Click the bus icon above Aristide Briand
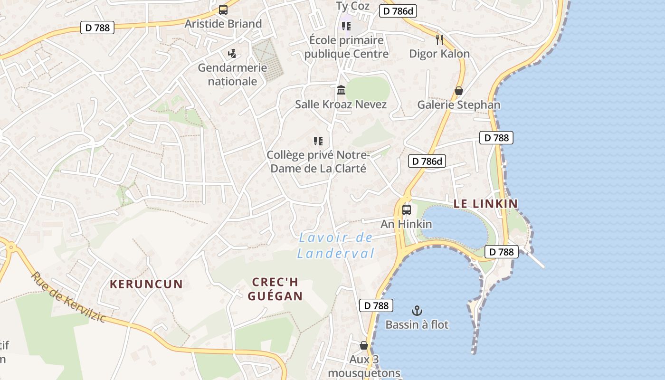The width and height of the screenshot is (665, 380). pyautogui.click(x=223, y=9)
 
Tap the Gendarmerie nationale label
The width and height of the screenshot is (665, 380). pyautogui.click(x=232, y=75)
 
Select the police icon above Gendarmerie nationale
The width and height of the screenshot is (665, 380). pyautogui.click(x=232, y=53)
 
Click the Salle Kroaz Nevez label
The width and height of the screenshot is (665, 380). pyautogui.click(x=341, y=104)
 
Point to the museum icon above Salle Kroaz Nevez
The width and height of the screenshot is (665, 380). pyautogui.click(x=341, y=90)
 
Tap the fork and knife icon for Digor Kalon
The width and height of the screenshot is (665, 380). pyautogui.click(x=439, y=39)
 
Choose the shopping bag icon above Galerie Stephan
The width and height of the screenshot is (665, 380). pyautogui.click(x=459, y=90)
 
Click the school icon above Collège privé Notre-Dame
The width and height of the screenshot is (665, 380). pyautogui.click(x=318, y=141)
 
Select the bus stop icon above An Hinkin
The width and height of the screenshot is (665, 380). pyautogui.click(x=407, y=209)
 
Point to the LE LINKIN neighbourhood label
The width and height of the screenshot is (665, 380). pyautogui.click(x=485, y=204)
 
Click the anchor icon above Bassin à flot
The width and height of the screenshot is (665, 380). pyautogui.click(x=417, y=311)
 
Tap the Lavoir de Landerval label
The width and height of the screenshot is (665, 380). pyautogui.click(x=336, y=246)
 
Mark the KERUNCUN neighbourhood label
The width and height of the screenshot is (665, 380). pyautogui.click(x=146, y=285)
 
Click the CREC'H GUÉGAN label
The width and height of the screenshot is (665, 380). pyautogui.click(x=275, y=289)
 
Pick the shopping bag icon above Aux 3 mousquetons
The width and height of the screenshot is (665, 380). pyautogui.click(x=364, y=345)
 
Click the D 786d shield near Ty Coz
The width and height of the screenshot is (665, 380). pyautogui.click(x=398, y=11)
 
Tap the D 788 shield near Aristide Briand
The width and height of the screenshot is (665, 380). pyautogui.click(x=97, y=28)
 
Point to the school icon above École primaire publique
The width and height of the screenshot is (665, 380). pyautogui.click(x=346, y=26)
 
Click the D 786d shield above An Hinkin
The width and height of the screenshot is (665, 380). pyautogui.click(x=427, y=161)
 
